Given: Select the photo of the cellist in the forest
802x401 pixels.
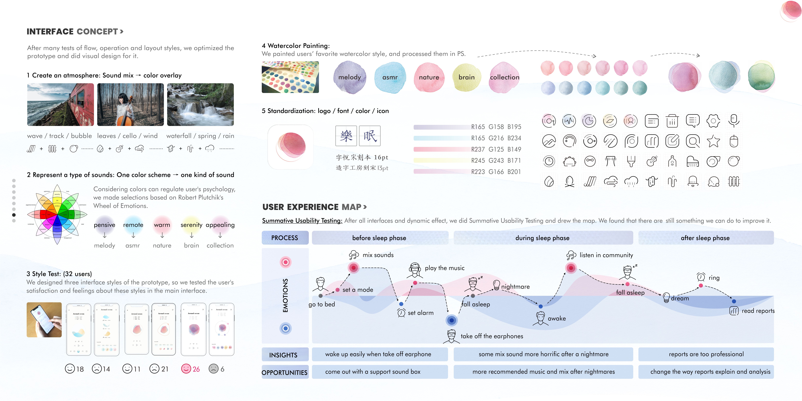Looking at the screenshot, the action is pyautogui.click(x=130, y=105).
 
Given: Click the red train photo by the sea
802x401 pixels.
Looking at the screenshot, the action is pyautogui.click(x=60, y=105).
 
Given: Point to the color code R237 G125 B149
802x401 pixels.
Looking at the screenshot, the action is pyautogui.click(x=496, y=149).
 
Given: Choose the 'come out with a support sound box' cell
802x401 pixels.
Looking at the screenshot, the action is pyautogui.click(x=373, y=372).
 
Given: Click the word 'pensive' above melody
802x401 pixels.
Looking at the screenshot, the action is pyautogui.click(x=105, y=225).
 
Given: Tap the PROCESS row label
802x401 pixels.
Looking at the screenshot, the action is pyautogui.click(x=285, y=238).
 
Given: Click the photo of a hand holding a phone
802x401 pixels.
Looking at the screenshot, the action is pyautogui.click(x=44, y=320).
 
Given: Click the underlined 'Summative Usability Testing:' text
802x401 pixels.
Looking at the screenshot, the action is pyautogui.click(x=302, y=221).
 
